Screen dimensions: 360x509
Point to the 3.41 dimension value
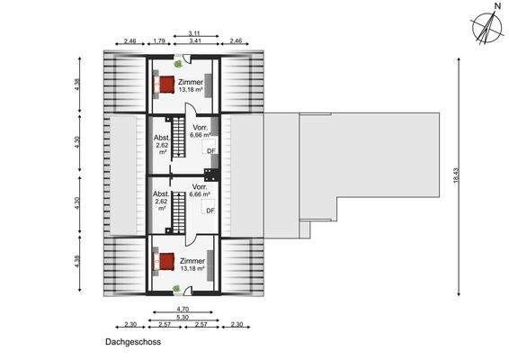click(x=194, y=41)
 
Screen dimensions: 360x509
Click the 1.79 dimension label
click(x=159, y=41)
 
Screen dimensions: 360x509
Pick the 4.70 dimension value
click(x=183, y=308)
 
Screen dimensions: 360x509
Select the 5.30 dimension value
click(x=183, y=317)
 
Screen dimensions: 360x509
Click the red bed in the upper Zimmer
click(x=165, y=84)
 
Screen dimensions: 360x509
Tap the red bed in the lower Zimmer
click(x=165, y=262)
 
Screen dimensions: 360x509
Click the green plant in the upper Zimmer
click(x=177, y=64)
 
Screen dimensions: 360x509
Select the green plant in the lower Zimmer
click(x=177, y=289)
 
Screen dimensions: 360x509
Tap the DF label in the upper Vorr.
click(x=210, y=151)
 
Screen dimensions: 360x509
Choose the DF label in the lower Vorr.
click(x=210, y=211)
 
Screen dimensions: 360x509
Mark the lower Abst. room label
click(x=162, y=193)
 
